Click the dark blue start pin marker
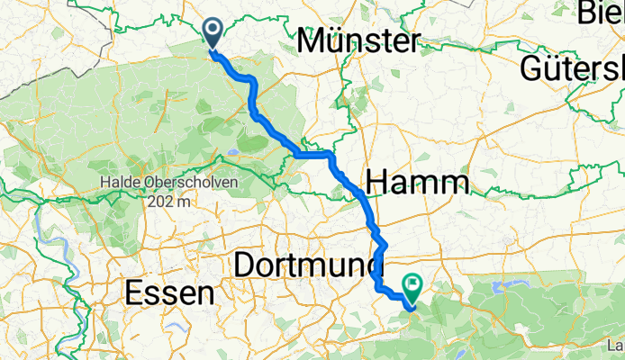click(213, 32)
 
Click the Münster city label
click(358, 40)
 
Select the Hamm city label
click(420, 184)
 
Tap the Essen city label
click(170, 292)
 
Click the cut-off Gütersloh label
click(573, 69)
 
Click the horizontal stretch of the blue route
click(313, 155)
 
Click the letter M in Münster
click(311, 40)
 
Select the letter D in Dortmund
click(245, 265)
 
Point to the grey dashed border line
click(54, 63)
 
